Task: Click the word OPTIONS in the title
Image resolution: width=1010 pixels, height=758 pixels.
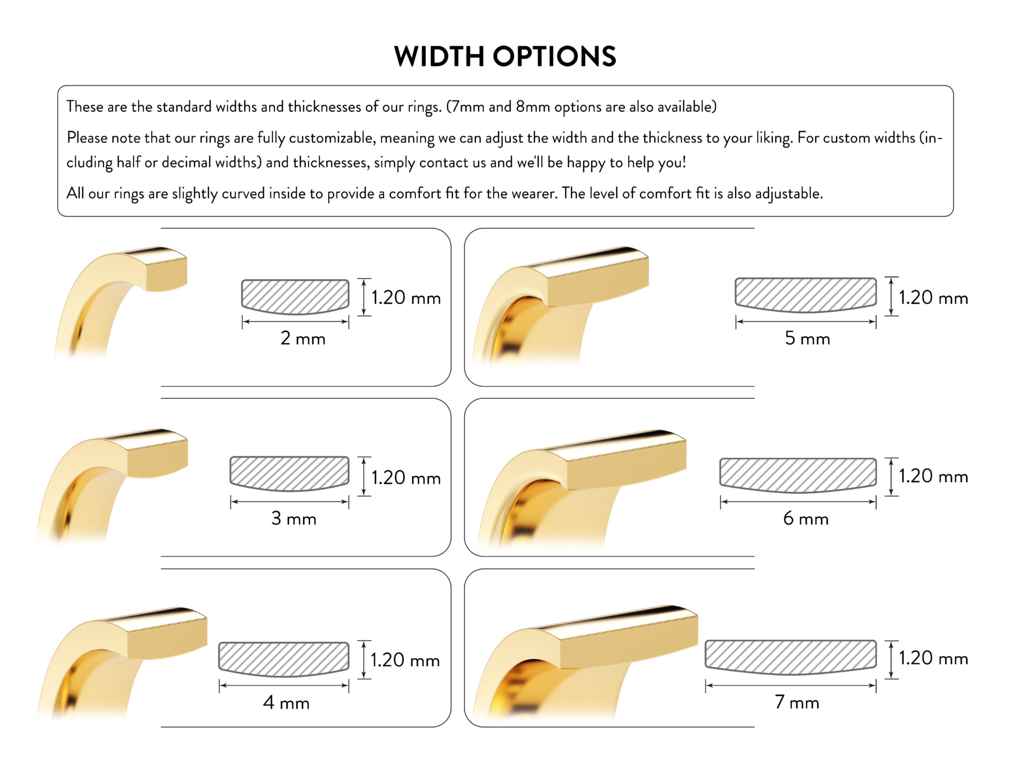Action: point(554,56)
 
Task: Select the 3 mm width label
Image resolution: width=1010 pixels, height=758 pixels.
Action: point(294,518)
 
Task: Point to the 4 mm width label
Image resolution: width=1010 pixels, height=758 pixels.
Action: point(286,703)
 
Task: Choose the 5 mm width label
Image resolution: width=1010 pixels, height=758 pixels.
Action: point(807,339)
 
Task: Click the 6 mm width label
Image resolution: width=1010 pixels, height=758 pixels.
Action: point(806,518)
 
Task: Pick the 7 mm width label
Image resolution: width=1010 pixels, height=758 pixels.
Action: point(797,702)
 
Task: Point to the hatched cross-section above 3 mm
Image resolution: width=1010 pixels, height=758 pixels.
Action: point(290,474)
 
